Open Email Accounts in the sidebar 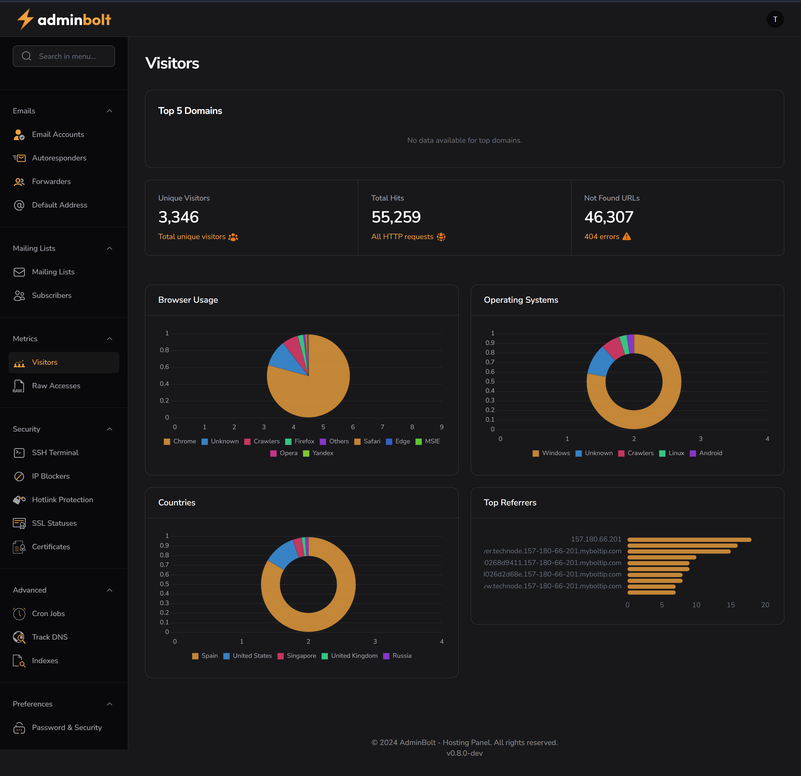[x=58, y=135]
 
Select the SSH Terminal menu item [x=55, y=452]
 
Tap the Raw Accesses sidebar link [x=56, y=386]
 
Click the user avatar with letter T [x=775, y=19]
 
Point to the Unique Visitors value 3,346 [x=178, y=217]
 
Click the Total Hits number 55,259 [x=396, y=217]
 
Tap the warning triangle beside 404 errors [x=626, y=237]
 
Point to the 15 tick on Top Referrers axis [x=731, y=605]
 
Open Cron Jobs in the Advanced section [x=48, y=613]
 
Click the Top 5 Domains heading [x=190, y=111]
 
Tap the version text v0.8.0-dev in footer [x=464, y=753]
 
